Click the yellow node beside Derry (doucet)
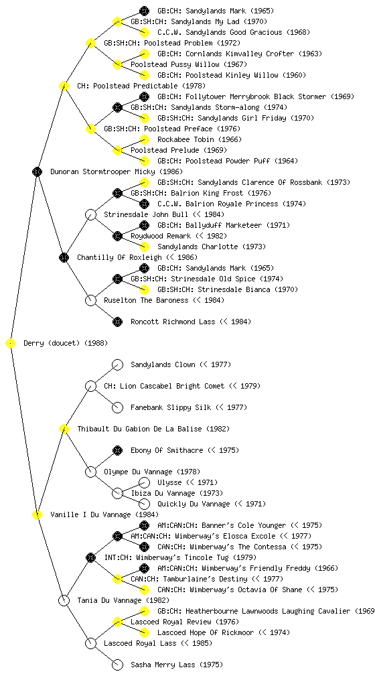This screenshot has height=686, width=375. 11,344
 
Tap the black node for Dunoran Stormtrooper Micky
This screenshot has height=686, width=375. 37,172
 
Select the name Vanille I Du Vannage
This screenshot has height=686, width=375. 90,514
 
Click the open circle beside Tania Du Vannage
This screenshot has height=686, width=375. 64,600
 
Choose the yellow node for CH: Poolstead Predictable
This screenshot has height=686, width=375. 64,86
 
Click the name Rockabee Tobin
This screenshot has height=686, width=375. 185,139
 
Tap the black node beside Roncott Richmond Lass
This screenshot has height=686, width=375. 117,322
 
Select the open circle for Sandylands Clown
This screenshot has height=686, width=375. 117,365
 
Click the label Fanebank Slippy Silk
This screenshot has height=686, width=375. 171,407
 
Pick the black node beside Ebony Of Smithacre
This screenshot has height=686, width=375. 117,450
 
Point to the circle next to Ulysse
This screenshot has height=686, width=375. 144,482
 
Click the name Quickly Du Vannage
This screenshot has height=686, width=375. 194,504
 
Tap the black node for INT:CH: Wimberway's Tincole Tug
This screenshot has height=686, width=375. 90,557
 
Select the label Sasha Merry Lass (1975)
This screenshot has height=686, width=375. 177,665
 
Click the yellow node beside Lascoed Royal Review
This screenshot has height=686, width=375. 117,622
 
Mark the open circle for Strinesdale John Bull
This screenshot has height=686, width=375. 90,215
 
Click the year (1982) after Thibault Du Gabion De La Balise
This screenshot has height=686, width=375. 218,429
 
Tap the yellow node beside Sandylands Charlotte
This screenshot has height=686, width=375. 144,247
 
